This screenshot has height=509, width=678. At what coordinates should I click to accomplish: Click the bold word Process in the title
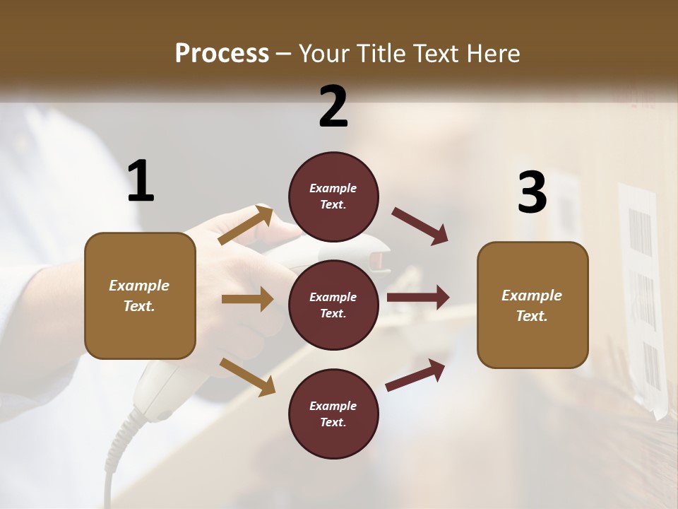[222, 53]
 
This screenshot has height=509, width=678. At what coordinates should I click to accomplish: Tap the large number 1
[141, 182]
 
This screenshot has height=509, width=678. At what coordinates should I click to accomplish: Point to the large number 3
[532, 193]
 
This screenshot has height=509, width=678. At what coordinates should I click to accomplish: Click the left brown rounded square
[140, 296]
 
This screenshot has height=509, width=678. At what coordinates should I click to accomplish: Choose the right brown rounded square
[533, 305]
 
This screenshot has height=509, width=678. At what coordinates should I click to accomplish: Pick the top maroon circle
[333, 197]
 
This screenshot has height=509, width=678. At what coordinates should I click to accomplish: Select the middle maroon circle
[333, 305]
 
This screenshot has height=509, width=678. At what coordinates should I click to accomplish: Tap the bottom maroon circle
[333, 414]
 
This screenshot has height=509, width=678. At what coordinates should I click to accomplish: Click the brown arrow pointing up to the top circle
[246, 225]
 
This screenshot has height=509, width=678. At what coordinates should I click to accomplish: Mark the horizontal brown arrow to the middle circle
[247, 299]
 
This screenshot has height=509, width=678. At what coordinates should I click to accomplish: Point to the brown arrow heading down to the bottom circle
[247, 376]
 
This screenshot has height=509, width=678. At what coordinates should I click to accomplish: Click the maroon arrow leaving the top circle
[420, 226]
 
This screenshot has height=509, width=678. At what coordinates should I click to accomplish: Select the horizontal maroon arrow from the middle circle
[418, 298]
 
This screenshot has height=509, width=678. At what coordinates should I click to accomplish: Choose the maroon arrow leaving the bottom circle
[415, 375]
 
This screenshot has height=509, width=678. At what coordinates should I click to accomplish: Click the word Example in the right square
[532, 296]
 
